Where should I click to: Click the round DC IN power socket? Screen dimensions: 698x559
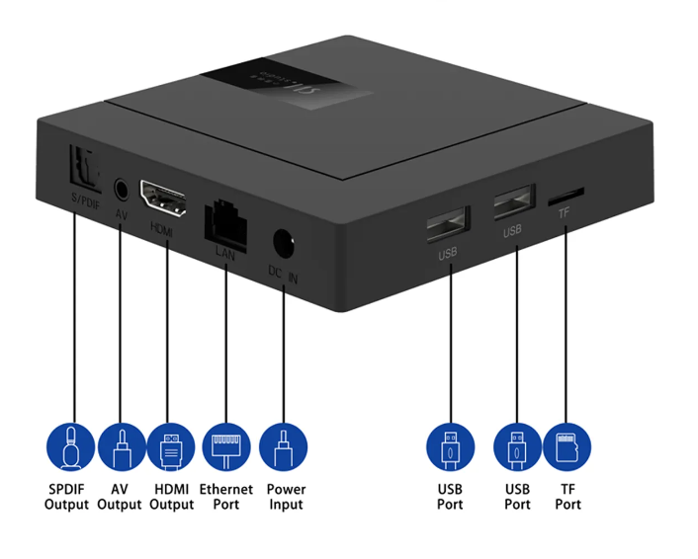(285, 242)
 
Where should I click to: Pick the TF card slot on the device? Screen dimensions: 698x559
(566, 196)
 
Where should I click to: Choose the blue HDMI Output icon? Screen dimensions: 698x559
(170, 446)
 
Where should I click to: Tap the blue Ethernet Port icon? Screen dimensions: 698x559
(225, 446)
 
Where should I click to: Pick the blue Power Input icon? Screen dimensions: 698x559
(283, 446)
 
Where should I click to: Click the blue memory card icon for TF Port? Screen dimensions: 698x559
(567, 446)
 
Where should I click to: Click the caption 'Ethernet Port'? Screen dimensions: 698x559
(226, 497)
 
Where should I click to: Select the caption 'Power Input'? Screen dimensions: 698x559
(286, 497)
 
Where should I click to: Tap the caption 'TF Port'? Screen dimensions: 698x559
(567, 497)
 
